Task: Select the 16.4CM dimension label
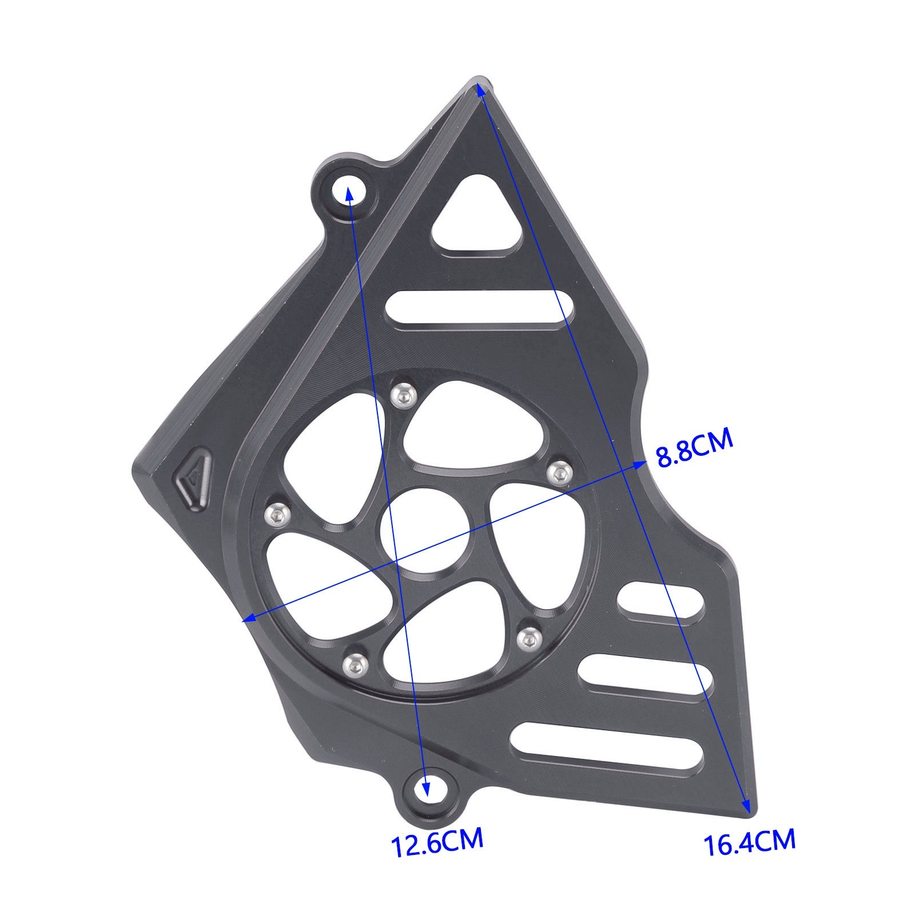pos(749,842)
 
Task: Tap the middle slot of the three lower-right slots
pos(645,675)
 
